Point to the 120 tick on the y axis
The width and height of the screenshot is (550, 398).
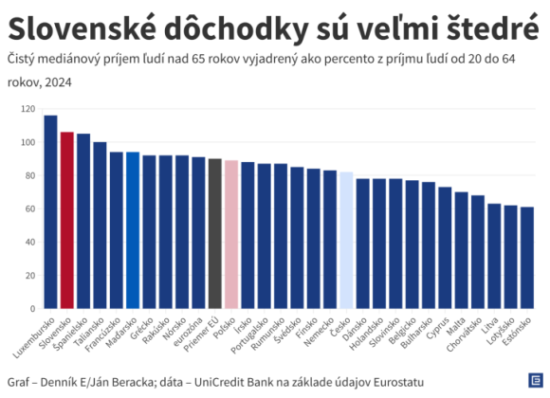coord(28,110)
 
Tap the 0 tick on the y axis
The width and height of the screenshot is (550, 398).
coord(33,308)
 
